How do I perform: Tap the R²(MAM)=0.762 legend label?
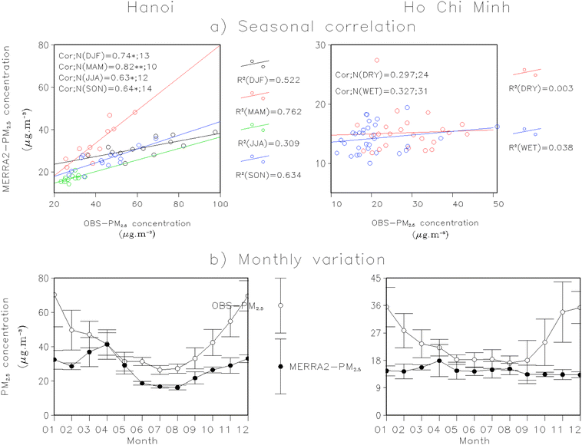(x=267, y=112)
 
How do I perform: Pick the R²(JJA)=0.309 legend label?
(x=267, y=144)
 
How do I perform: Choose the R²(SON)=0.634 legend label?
(x=267, y=176)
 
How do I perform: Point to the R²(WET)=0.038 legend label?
(x=541, y=146)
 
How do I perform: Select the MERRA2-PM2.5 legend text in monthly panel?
(x=325, y=368)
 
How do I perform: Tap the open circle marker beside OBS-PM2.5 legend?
(x=281, y=305)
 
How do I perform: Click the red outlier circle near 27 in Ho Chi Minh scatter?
(x=377, y=60)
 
